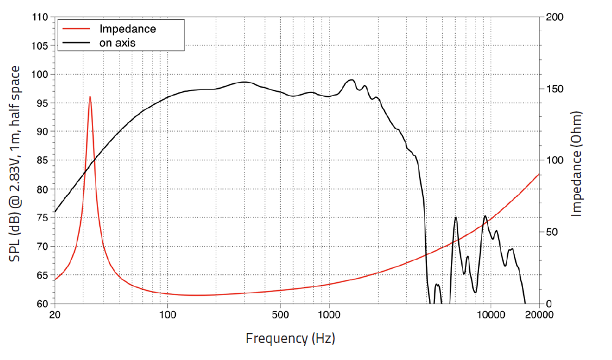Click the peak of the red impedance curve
coord(90,97)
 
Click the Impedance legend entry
coord(127,29)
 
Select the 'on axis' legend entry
coord(117,43)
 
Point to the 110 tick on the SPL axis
coord(40,17)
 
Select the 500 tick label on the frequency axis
coord(280,315)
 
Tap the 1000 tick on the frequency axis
coord(328,315)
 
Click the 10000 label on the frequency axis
coord(490,315)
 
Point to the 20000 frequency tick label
coord(538,315)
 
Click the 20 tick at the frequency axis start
coord(55,315)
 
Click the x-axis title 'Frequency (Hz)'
coord(290,337)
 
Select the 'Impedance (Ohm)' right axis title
coord(576,163)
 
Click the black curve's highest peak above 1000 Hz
coord(351,80)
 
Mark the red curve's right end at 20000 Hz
coord(538,174)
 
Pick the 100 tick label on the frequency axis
coord(167,315)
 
